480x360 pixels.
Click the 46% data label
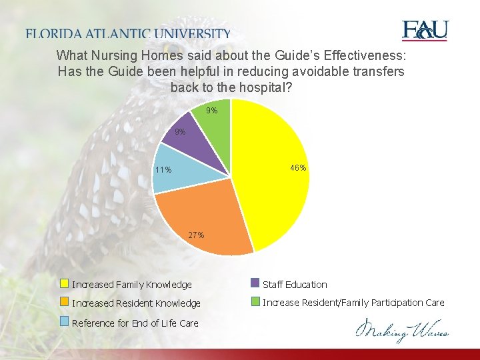[x=298, y=168]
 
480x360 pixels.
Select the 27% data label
[x=196, y=235]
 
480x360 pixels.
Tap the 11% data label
[x=163, y=170]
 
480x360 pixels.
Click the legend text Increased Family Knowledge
[x=131, y=285]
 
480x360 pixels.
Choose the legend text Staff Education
[x=295, y=285]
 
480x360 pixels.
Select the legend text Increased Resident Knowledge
[x=136, y=303]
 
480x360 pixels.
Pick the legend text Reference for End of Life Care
[x=135, y=323]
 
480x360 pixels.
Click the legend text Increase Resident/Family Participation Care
[x=353, y=303]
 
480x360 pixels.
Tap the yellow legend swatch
[x=65, y=284]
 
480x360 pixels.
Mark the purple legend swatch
[x=255, y=283]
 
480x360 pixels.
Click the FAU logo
[x=425, y=31]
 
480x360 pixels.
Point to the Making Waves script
[x=401, y=330]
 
